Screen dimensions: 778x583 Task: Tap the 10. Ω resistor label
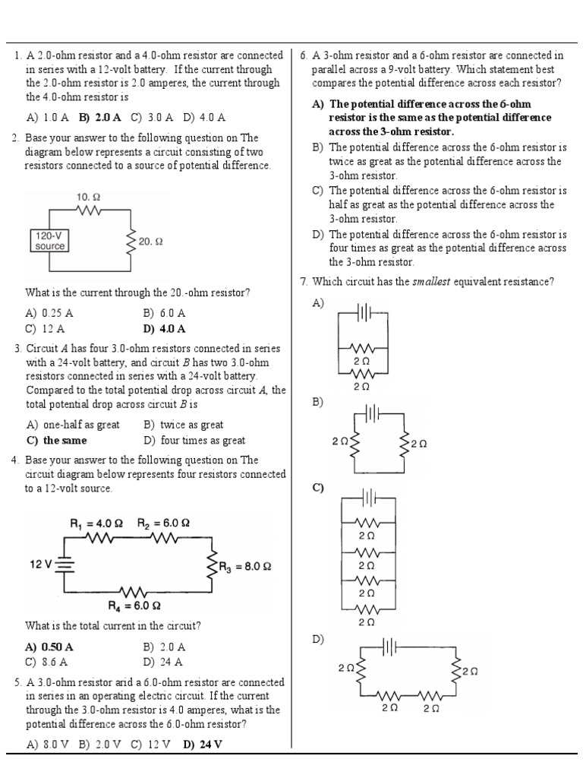tap(88, 198)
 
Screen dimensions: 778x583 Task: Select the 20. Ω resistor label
tap(150, 242)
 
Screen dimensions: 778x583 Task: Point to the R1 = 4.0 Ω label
tap(96, 523)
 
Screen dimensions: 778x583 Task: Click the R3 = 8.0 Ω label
tap(245, 567)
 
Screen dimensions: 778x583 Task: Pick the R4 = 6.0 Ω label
tap(134, 606)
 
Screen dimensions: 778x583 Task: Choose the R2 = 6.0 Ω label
tap(163, 523)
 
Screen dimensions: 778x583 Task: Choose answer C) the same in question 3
tap(57, 441)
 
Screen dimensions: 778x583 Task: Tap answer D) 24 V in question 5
tap(203, 745)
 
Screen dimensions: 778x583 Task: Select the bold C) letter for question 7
tap(318, 488)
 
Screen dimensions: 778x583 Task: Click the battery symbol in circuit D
tap(389, 647)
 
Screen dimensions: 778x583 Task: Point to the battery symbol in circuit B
tap(372, 412)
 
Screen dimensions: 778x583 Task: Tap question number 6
tap(304, 55)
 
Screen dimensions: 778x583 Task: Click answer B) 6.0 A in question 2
tap(164, 313)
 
